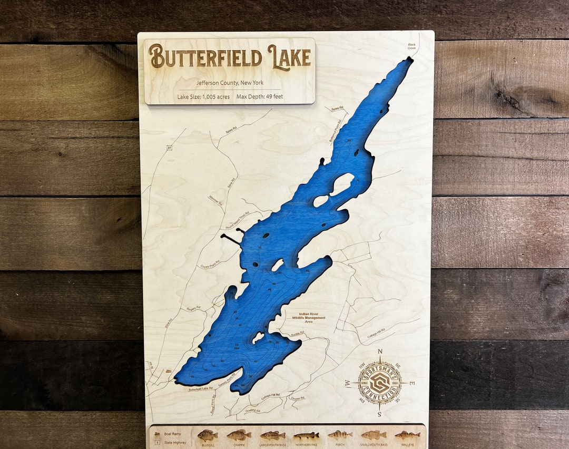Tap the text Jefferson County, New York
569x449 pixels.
230,83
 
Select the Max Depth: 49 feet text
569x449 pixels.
260,96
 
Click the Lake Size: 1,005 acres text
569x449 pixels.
203,96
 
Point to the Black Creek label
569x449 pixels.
411,46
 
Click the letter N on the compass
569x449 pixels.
380,352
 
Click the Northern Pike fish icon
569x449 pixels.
306,435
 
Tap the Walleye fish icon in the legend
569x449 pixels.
407,435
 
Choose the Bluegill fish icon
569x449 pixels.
207,435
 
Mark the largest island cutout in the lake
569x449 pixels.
342,184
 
